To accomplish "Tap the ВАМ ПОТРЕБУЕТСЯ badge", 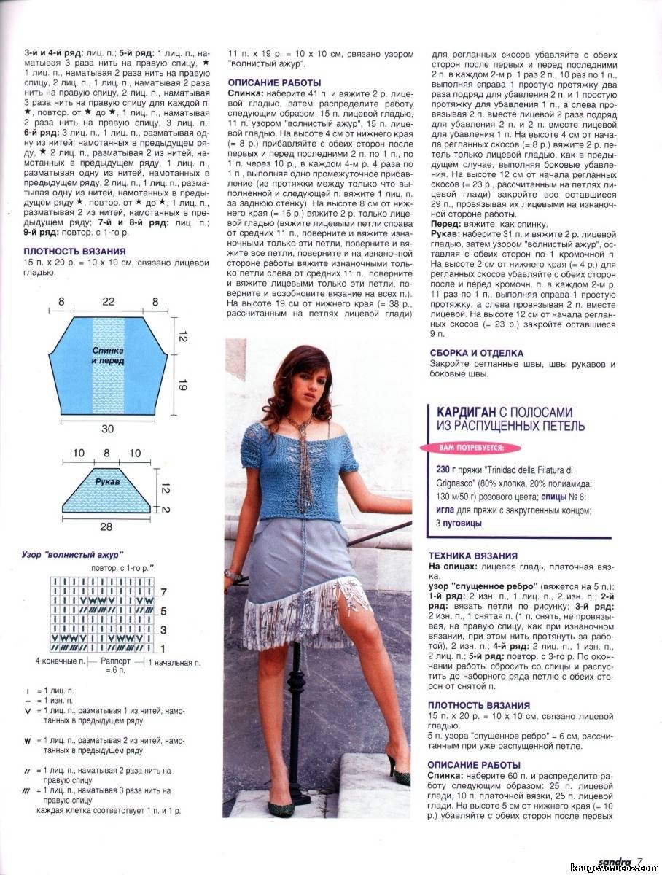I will tap(470, 446).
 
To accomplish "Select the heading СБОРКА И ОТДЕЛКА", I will tap(476, 353).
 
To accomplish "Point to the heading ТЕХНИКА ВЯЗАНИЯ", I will tap(472, 555).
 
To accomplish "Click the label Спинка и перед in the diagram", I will tap(107, 356).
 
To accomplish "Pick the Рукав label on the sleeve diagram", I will tap(107, 482).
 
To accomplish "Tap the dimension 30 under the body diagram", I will tap(107, 428).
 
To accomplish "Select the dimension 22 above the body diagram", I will tap(107, 301).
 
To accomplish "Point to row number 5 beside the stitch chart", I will tap(163, 610).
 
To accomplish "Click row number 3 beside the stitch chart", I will tap(163, 629).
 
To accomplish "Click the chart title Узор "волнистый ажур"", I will tap(73, 554).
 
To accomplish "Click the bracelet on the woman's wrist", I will tap(233, 575).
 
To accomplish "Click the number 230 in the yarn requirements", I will tap(442, 469).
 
